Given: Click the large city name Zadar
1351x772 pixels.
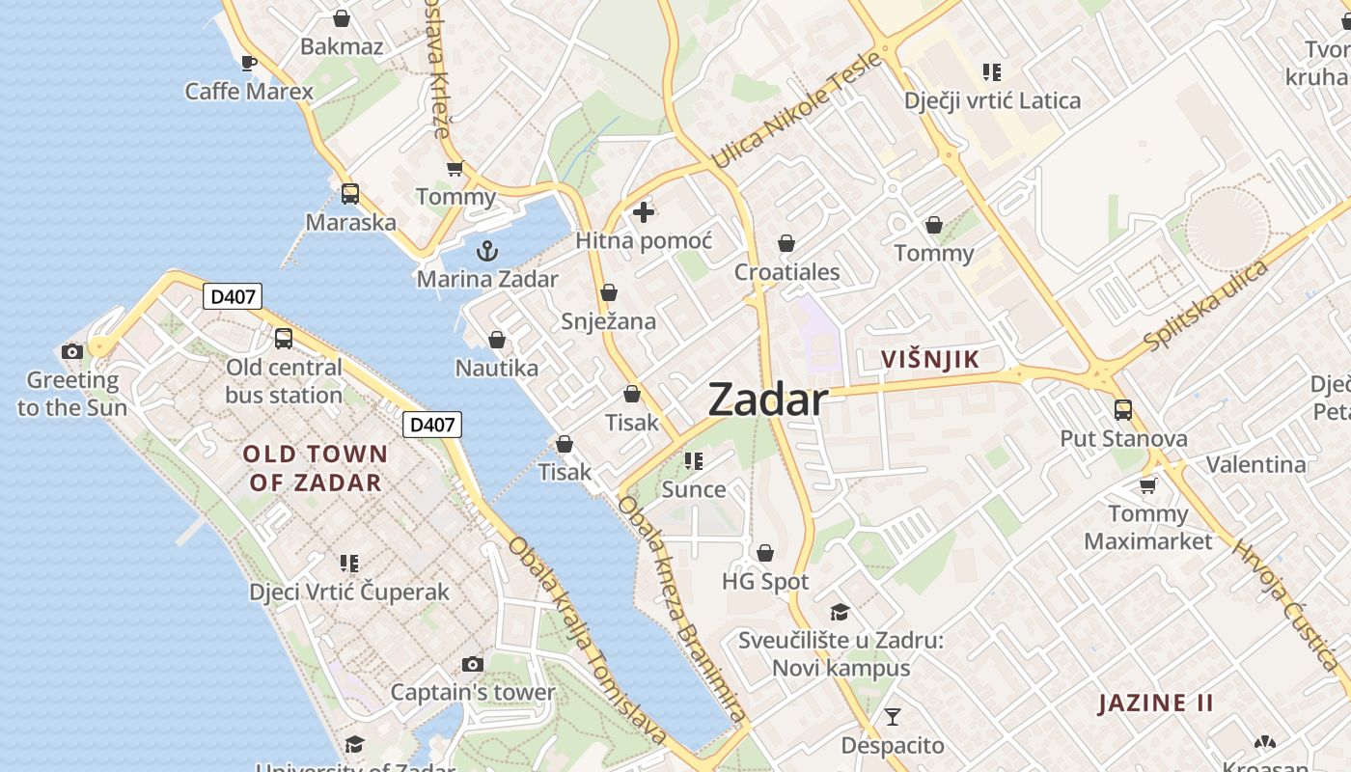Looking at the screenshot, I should point(768,400).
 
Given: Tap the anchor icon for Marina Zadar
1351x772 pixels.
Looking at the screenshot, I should point(487,251).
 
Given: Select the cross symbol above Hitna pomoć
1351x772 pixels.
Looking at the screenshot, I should point(644,211).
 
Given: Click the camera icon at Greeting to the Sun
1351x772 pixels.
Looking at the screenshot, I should point(71,351).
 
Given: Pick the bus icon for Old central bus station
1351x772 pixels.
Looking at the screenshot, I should point(284,339).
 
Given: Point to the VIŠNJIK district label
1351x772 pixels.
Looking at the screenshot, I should point(930,360).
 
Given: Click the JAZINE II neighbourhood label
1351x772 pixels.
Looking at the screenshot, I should point(1156,703).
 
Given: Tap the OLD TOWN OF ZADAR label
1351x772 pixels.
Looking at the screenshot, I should point(315,468).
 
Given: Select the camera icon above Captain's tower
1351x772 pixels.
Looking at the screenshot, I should point(472,664).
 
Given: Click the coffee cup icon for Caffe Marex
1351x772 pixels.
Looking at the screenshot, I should point(249,64).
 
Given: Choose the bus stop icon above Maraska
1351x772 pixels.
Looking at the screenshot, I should point(350,194).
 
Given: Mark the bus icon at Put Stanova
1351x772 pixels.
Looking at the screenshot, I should point(1123,410).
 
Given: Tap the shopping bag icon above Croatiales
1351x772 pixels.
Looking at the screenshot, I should point(786,243).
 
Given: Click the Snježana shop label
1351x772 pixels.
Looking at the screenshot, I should point(609,321).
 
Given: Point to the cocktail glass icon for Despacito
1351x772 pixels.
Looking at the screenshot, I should point(893,717).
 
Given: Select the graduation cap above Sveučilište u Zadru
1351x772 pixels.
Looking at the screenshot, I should point(840,612).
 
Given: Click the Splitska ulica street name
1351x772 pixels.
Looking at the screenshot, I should point(1205,306).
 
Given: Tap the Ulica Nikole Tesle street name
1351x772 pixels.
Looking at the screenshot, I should point(797,110).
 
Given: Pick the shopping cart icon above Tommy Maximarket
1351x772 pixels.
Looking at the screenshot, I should point(1147,485).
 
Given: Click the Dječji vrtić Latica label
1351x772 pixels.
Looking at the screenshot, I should point(992,100).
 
